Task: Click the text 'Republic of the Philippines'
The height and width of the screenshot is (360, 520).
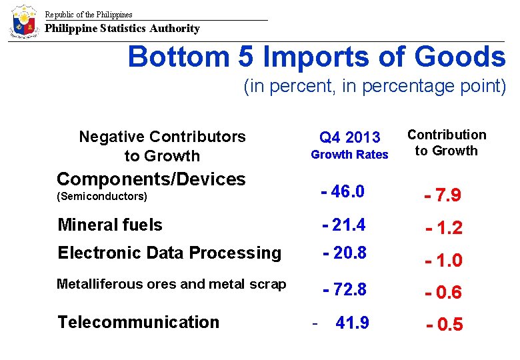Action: click(89, 14)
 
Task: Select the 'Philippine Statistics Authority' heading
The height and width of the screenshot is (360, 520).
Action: click(122, 29)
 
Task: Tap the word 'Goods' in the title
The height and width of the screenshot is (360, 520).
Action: click(460, 57)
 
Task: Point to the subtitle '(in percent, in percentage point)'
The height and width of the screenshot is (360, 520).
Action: click(375, 87)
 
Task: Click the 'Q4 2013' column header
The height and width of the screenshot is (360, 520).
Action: click(349, 137)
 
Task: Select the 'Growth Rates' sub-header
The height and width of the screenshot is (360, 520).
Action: click(349, 155)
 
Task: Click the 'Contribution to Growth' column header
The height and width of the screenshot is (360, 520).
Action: click(446, 143)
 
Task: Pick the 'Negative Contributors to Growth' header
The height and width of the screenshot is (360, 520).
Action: click(162, 146)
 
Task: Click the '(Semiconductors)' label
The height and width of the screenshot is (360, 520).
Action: click(102, 197)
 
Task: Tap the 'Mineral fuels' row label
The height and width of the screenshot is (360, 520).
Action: click(110, 225)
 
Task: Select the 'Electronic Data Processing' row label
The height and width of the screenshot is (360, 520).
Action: click(169, 253)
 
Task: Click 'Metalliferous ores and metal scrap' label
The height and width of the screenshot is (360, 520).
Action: click(171, 284)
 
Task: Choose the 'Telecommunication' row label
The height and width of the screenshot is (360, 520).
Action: click(138, 322)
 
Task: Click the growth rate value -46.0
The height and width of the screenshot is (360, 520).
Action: click(343, 192)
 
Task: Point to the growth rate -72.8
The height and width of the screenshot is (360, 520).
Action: click(344, 290)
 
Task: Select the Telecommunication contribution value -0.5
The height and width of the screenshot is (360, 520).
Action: click(445, 325)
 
